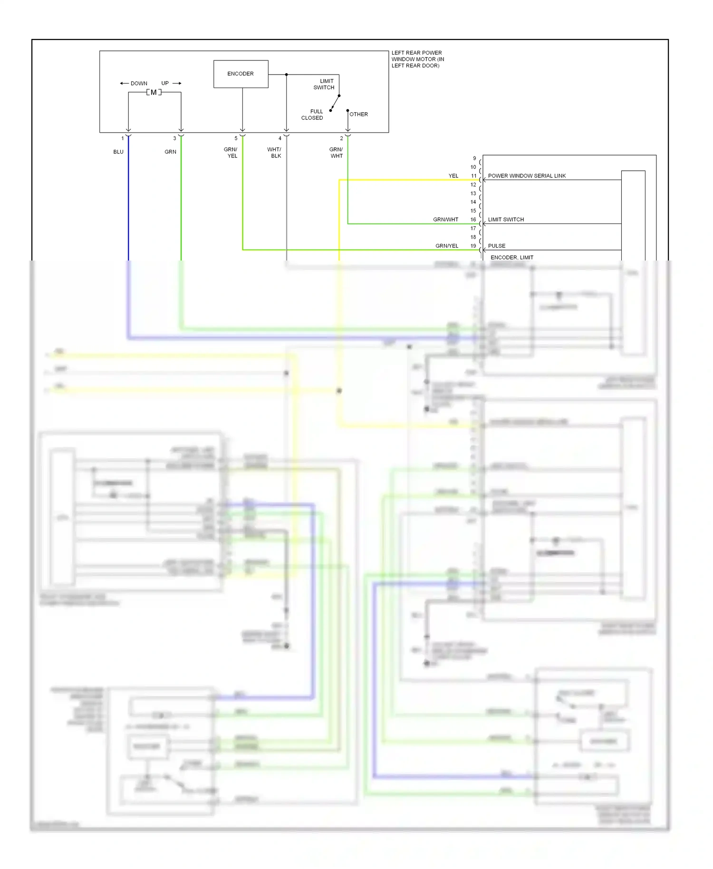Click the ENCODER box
[241, 74]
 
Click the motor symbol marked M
[154, 92]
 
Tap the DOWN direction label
[139, 84]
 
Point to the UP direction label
[165, 83]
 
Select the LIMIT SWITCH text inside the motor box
[324, 84]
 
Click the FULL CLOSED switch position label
[312, 115]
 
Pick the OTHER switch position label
[358, 115]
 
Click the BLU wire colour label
[118, 152]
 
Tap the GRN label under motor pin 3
[170, 152]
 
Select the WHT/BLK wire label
[274, 153]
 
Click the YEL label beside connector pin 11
[453, 176]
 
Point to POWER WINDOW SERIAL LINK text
[527, 176]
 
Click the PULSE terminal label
[497, 246]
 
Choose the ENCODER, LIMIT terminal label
[512, 258]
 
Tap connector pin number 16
[473, 220]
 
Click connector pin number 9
[474, 158]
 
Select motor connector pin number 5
[236, 138]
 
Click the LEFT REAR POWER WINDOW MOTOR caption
[417, 59]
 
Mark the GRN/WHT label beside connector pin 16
[445, 220]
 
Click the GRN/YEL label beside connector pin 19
[447, 246]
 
